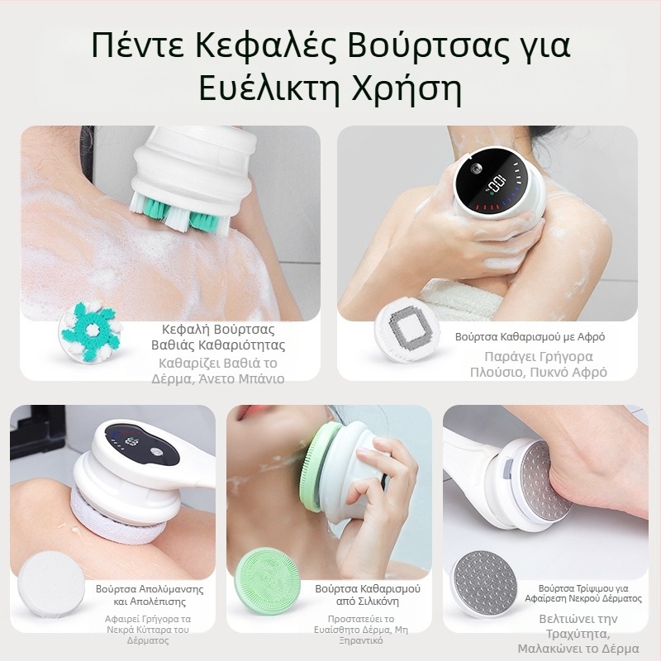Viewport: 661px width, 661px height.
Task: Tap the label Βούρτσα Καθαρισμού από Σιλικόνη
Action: pyautogui.click(x=368, y=596)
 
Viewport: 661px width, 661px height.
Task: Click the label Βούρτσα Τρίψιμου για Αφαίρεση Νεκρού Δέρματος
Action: pyautogui.click(x=590, y=592)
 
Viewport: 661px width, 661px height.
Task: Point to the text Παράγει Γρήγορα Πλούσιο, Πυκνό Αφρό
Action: pyautogui.click(x=545, y=364)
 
